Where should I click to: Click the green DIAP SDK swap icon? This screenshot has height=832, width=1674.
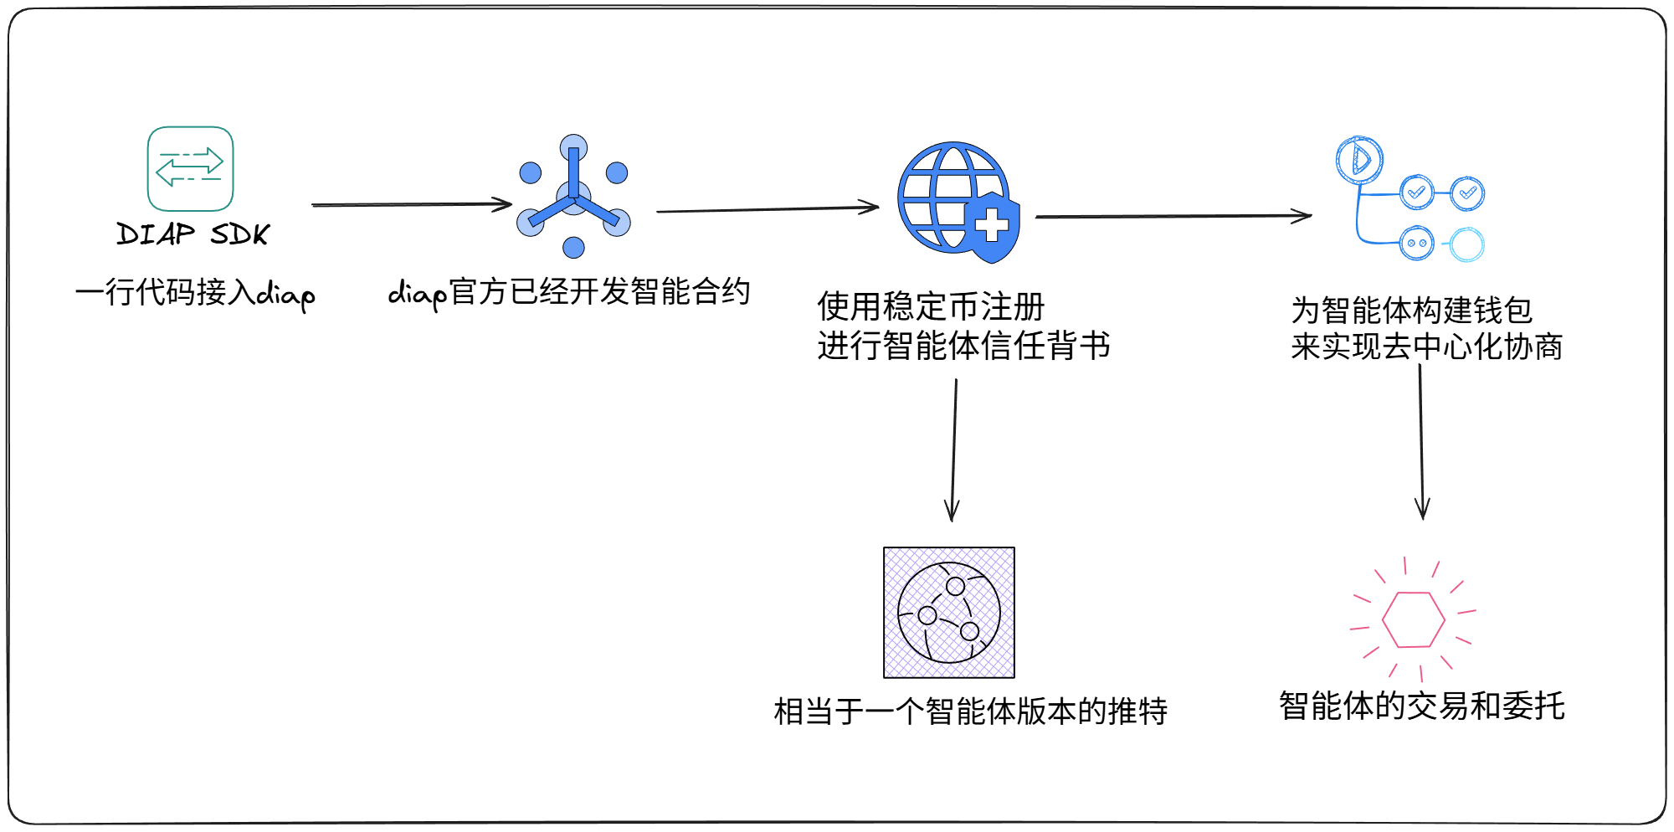[x=190, y=168]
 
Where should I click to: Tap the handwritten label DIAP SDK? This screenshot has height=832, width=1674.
[x=193, y=234]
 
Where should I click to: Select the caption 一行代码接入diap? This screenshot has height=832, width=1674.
[x=195, y=293]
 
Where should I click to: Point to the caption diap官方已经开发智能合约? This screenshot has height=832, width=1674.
[x=569, y=292]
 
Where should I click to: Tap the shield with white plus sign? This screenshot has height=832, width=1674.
[x=994, y=226]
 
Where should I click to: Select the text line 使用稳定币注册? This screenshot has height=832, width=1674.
[x=931, y=306]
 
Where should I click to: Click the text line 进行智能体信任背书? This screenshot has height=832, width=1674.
[x=963, y=345]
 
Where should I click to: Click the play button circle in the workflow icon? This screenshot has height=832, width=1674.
[x=1359, y=159]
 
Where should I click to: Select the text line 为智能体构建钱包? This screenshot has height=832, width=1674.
[x=1411, y=310]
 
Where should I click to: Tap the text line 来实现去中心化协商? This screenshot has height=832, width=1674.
[x=1426, y=346]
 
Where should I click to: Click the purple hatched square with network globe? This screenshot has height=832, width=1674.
[x=949, y=613]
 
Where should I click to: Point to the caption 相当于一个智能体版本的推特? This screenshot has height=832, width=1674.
[x=970, y=711]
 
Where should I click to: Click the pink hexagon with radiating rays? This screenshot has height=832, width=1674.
[x=1413, y=620]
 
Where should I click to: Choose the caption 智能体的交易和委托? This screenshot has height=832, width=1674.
[x=1421, y=706]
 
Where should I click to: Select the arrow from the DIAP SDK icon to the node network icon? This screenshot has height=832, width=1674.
[x=411, y=204]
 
